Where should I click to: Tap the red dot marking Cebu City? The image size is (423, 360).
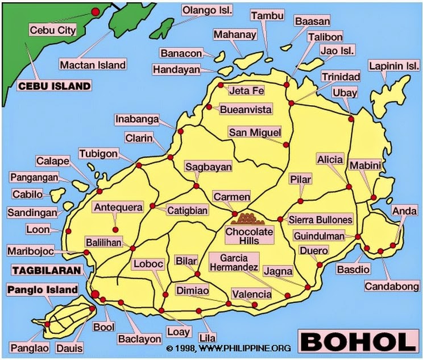96,11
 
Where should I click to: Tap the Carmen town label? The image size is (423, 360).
231,197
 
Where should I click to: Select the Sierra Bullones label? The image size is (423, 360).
321,220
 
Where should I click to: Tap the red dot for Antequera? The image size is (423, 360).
115,230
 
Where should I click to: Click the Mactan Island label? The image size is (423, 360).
93,64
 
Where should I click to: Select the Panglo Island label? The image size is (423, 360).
42,290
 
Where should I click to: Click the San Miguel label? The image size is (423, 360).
255,133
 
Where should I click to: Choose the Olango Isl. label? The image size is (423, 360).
207,10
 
